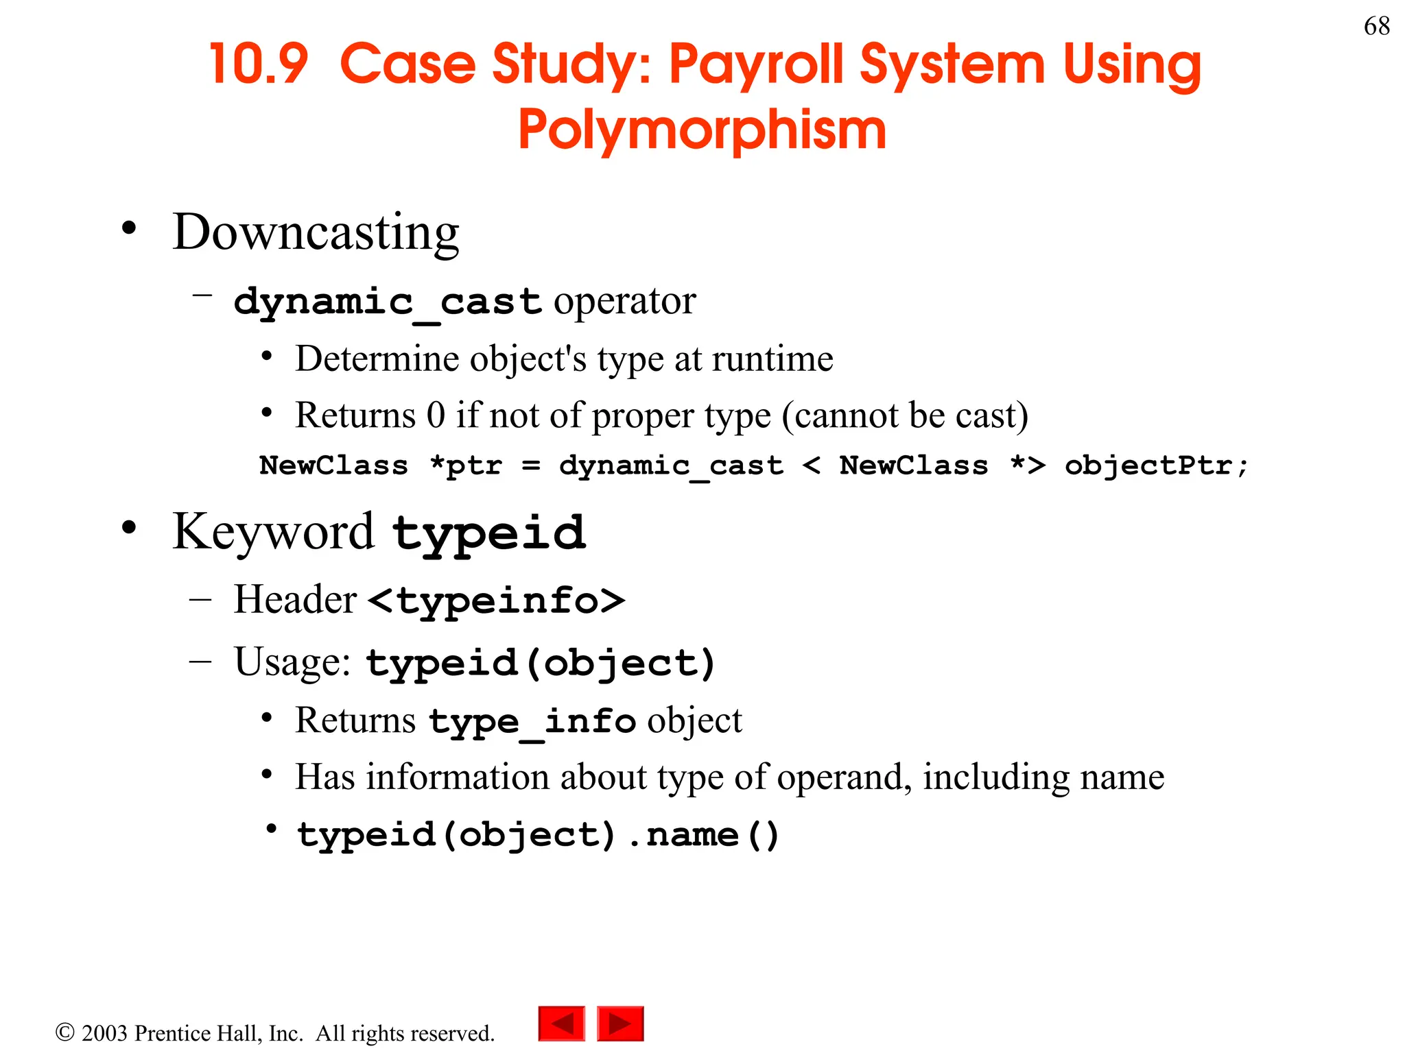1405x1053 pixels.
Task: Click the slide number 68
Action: pos(1376,26)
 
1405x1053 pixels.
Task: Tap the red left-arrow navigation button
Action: pos(562,1024)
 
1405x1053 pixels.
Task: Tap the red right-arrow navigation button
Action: pos(620,1024)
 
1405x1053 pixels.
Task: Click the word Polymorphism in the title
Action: pos(702,130)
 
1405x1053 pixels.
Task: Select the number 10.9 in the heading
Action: pos(259,64)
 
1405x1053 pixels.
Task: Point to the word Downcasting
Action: pos(316,232)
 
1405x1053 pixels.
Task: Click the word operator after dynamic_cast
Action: pos(624,301)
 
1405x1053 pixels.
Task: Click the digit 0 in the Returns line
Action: pos(436,415)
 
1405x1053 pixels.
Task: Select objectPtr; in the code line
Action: pos(1156,465)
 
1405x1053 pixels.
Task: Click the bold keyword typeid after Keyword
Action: pos(489,533)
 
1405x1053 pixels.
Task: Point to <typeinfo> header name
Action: pos(496,601)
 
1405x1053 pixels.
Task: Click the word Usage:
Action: pos(292,662)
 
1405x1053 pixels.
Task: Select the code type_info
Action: pos(532,722)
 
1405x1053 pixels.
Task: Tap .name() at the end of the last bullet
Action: pos(703,835)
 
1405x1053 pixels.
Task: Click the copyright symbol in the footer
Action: pos(64,1032)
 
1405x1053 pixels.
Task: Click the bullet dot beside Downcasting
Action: pos(129,228)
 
